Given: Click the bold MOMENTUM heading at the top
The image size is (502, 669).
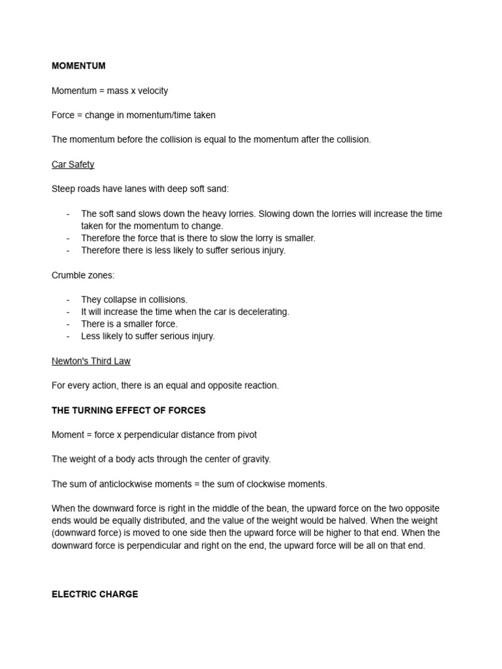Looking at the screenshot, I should [x=78, y=66].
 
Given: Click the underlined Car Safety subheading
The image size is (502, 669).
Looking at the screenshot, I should [x=73, y=165].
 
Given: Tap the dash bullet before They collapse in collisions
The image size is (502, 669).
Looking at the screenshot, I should [x=68, y=300].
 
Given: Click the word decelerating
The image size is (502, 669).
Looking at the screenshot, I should [x=263, y=312].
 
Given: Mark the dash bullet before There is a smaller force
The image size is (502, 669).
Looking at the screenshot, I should [x=68, y=324].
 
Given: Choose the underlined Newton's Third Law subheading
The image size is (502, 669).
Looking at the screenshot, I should [x=91, y=361].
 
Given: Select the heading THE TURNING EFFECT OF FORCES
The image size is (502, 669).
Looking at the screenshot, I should [x=129, y=410].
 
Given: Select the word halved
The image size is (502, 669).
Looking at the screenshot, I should [x=364, y=521].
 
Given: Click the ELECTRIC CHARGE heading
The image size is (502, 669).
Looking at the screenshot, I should [x=95, y=595].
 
